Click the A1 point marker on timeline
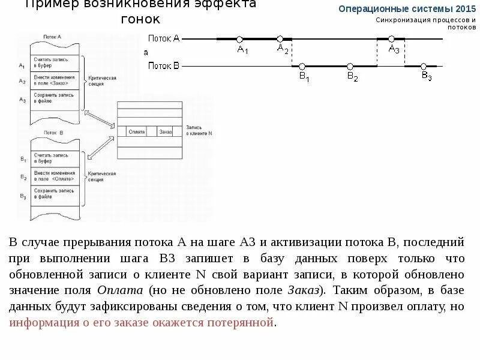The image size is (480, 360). coord(240,39)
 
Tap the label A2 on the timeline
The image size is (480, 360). coord(283,49)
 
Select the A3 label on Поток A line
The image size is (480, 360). coord(394,49)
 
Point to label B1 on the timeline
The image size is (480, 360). coord(304,77)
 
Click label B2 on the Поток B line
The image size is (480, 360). coord(352,77)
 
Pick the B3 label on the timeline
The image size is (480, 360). coord(427,76)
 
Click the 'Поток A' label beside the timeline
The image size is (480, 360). coord(163,38)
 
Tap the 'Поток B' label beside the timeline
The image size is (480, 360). coord(163,65)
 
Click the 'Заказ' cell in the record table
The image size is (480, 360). coord(166,131)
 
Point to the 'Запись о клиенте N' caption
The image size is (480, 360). coord(199,130)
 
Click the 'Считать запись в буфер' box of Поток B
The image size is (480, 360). coord(55,158)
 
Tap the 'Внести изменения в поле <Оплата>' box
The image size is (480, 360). coord(55,176)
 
